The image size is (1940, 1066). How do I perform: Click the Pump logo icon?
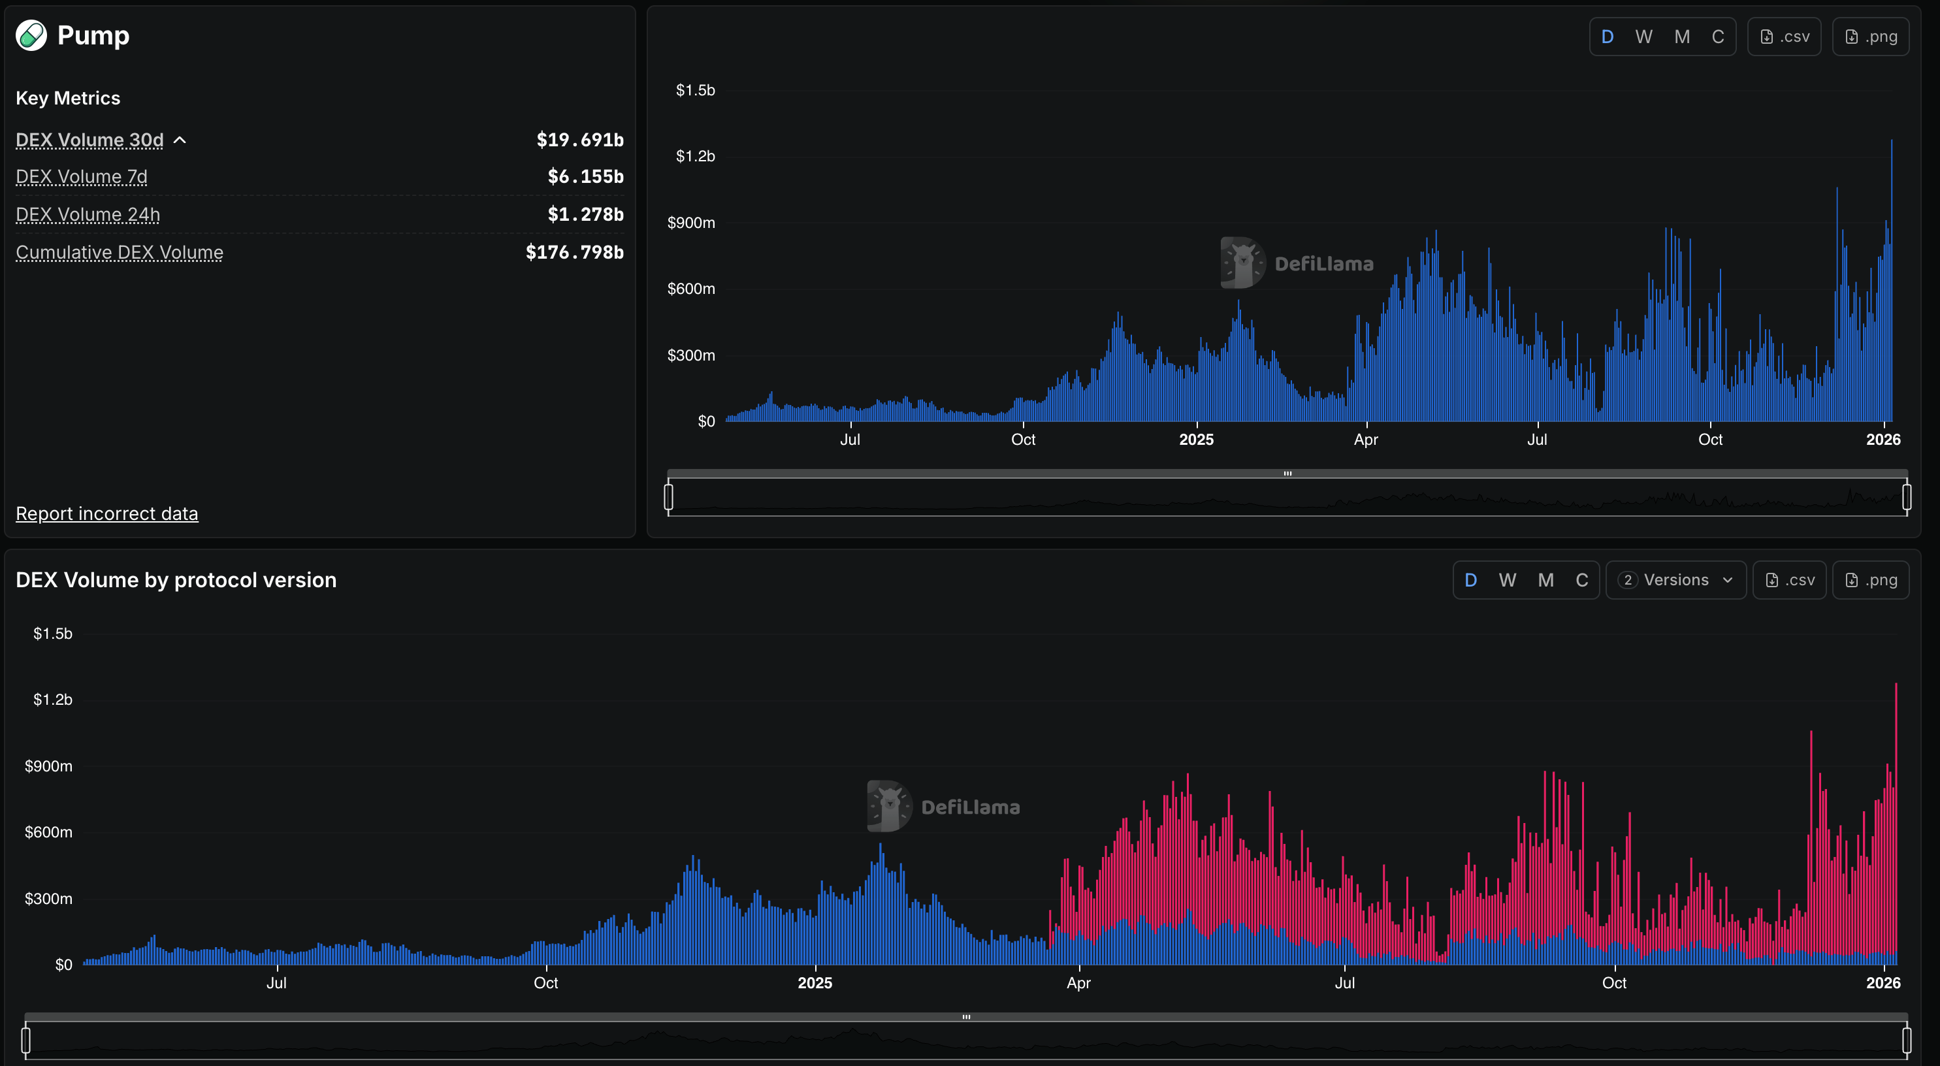31,35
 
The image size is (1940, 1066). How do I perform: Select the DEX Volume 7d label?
82,177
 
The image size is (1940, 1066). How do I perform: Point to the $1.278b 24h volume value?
585,215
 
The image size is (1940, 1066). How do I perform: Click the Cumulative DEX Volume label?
119,252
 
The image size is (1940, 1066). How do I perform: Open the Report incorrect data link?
107,514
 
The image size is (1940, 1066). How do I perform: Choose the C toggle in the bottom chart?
1581,580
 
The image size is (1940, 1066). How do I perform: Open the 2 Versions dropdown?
1675,580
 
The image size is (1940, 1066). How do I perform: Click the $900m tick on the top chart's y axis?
690,223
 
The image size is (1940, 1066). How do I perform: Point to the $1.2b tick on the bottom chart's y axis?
53,700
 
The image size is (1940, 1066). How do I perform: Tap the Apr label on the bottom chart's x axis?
1078,983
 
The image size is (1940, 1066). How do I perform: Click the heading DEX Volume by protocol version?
176,580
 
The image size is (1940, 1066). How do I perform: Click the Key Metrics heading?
68,99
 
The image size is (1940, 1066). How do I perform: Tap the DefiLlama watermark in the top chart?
1297,264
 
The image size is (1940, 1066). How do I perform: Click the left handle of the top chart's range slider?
668,496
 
